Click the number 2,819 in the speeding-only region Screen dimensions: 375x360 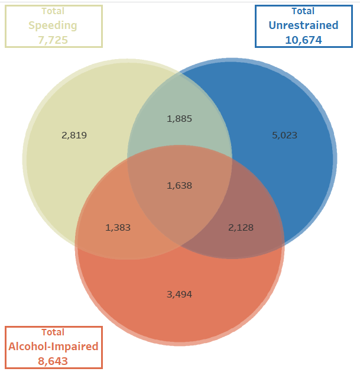pyautogui.click(x=74, y=135)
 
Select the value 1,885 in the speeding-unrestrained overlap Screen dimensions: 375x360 pyautogui.click(x=179, y=118)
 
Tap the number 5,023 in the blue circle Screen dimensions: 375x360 pyautogui.click(x=284, y=135)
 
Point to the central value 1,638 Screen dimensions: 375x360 pyautogui.click(x=179, y=185)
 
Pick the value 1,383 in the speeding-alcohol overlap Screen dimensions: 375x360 pyautogui.click(x=118, y=227)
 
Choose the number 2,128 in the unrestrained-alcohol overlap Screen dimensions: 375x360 pyautogui.click(x=241, y=227)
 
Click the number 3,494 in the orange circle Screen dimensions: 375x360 pyautogui.click(x=179, y=294)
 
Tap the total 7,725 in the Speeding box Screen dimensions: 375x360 pyautogui.click(x=53, y=40)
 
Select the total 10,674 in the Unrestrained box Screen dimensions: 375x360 pyautogui.click(x=303, y=40)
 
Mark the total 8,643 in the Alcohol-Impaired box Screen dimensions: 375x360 pyautogui.click(x=53, y=360)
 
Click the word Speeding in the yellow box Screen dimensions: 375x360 pyautogui.click(x=53, y=25)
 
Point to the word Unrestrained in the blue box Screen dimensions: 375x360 pyautogui.click(x=303, y=25)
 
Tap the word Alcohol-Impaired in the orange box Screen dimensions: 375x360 pyautogui.click(x=53, y=346)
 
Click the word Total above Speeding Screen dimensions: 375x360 pyautogui.click(x=53, y=11)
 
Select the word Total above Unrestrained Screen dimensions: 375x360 pyautogui.click(x=303, y=11)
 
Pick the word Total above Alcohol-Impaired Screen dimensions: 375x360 pyautogui.click(x=53, y=332)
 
